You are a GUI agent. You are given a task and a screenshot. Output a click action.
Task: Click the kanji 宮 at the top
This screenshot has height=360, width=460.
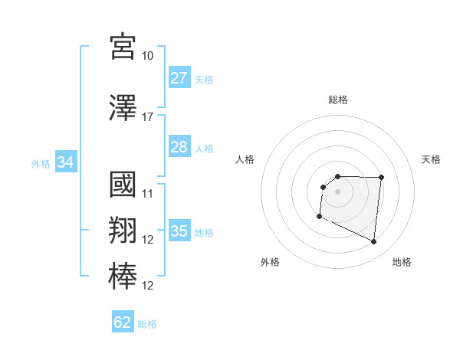coord(123,47)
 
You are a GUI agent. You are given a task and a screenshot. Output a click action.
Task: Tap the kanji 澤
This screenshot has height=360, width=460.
coord(123,108)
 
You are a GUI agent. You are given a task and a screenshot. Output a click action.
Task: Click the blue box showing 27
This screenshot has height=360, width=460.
coord(179,78)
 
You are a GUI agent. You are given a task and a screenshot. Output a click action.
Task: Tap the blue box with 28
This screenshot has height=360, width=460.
coord(179,147)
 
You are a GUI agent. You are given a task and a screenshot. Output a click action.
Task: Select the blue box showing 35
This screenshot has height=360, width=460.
coord(179,231)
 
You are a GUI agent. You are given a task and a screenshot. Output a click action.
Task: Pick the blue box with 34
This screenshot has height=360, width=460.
coord(66,162)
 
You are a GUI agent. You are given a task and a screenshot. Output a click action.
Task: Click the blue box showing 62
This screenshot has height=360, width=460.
coord(123,322)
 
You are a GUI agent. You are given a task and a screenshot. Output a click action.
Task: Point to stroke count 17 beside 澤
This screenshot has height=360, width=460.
coord(148,117)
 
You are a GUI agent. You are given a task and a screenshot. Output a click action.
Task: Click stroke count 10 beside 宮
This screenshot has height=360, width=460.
coord(148,56)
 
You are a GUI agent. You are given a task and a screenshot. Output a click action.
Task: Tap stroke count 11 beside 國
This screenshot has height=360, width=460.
coord(148,193)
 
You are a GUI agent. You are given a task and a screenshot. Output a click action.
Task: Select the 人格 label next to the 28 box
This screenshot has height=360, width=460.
coord(204,148)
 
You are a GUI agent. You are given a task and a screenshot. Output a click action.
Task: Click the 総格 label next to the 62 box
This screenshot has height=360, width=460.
coord(147,324)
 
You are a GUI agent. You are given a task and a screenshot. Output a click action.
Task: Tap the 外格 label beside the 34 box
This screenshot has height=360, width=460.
coord(41,163)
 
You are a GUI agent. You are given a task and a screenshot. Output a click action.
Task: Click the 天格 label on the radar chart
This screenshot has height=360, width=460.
coord(432,159)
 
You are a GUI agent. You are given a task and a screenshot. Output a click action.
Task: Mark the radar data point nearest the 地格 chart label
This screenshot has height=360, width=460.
coord(374,242)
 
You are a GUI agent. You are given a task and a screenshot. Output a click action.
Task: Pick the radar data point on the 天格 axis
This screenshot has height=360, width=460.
coord(381,178)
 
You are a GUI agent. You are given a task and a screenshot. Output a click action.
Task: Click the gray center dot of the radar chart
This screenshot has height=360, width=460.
coord(337,191)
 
